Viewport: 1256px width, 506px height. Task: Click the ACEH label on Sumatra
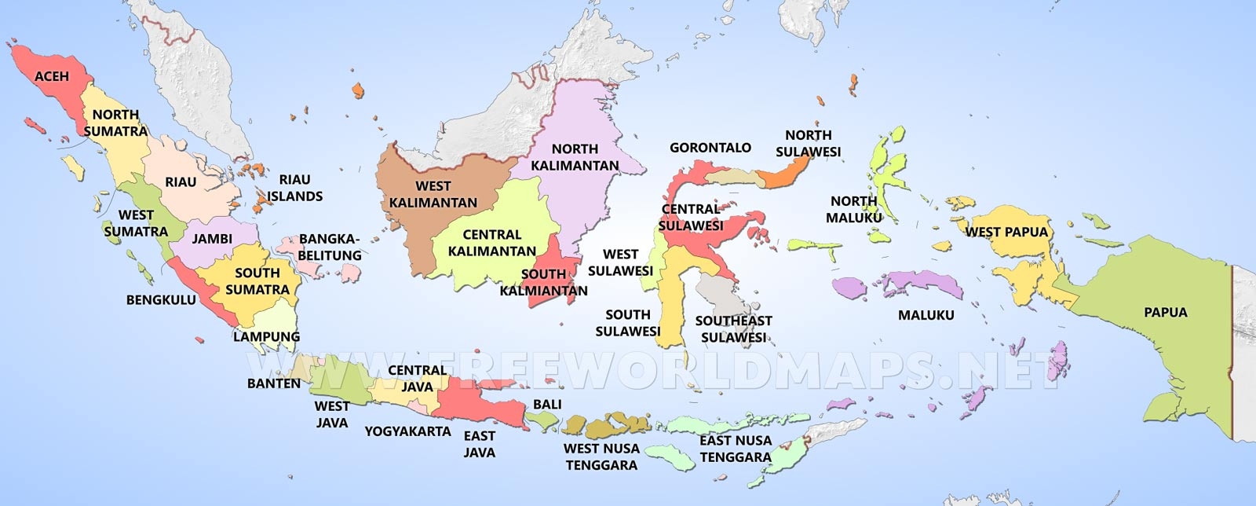point(51,76)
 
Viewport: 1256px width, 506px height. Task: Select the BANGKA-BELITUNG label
point(330,247)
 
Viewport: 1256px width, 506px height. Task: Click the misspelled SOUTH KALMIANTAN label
point(543,282)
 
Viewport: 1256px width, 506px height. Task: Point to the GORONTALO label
point(710,148)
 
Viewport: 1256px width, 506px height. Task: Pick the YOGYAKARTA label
point(407,431)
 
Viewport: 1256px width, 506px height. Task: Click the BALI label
point(547,404)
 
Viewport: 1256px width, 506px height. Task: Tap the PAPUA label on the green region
point(1165,313)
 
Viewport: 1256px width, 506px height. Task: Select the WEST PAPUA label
point(1006,232)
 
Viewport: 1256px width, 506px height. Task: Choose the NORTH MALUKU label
point(853,209)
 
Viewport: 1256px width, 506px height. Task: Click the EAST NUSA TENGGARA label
point(736,448)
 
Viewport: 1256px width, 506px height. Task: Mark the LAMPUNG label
point(266,336)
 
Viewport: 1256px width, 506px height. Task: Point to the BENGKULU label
point(161,300)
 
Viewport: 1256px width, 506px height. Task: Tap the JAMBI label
point(212,238)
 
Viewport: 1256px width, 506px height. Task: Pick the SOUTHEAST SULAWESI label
point(733,328)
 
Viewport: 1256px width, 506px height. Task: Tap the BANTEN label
point(273,383)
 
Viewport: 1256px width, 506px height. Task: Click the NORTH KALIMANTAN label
point(575,157)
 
